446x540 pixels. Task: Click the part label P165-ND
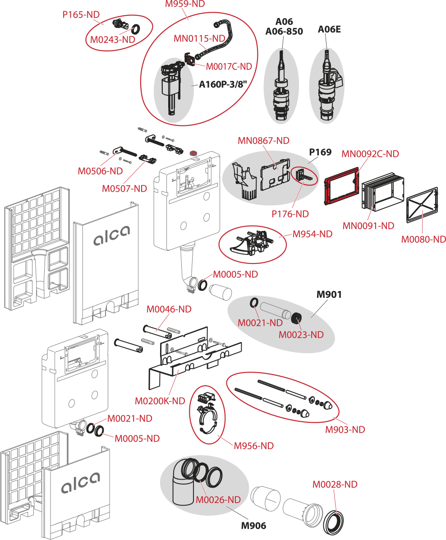point(81,15)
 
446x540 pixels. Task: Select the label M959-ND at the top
point(184,4)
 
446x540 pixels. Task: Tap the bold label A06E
point(329,30)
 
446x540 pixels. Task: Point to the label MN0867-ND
point(263,141)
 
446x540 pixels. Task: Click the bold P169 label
point(320,152)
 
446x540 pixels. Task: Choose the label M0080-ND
point(423,240)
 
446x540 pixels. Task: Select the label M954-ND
point(312,234)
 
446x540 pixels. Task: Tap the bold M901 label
point(329,295)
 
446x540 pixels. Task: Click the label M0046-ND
point(169,309)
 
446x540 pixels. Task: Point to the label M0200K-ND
point(160,401)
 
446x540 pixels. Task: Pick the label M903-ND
point(345,429)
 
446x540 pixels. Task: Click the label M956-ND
point(253,446)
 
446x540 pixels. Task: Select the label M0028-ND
point(335,485)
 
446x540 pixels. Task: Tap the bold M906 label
point(253,526)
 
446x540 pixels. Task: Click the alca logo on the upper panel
point(111,235)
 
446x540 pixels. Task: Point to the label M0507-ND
point(125,189)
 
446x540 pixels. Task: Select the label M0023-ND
point(301,335)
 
